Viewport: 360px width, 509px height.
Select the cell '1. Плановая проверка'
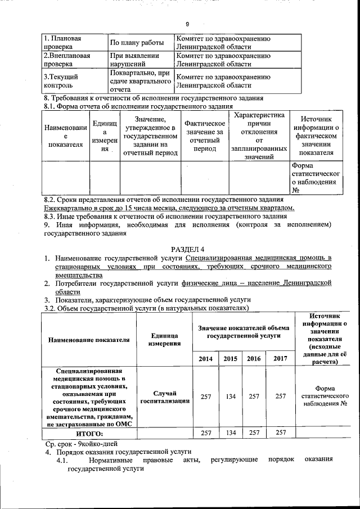click(74, 43)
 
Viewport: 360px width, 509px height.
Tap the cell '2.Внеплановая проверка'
click(74, 60)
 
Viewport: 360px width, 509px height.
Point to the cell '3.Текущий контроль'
click(74, 81)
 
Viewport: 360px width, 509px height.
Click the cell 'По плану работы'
click(140, 43)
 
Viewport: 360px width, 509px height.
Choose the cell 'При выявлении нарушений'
click(140, 60)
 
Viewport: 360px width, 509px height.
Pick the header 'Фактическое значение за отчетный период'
click(204, 136)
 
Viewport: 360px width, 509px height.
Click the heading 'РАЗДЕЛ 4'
click(186, 249)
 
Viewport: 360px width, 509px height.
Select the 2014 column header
click(205, 358)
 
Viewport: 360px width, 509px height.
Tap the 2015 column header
click(230, 358)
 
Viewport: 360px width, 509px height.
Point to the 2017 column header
click(280, 358)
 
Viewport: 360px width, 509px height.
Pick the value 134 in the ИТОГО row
click(230, 433)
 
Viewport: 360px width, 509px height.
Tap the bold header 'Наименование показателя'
click(89, 339)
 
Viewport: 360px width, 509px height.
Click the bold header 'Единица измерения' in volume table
click(164, 339)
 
